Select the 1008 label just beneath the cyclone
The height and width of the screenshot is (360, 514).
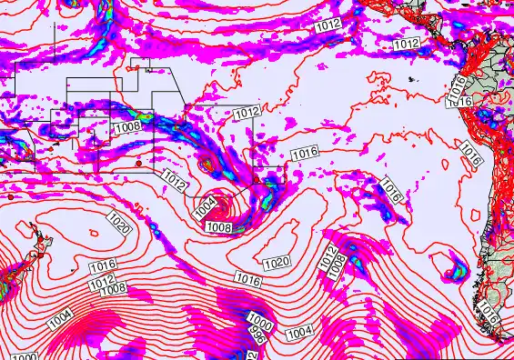tap(218, 226)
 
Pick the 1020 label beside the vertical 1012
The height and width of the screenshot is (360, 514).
tap(277, 263)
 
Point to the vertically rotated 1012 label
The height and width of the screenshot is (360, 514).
tap(329, 255)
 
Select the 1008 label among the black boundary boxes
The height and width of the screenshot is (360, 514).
tap(128, 126)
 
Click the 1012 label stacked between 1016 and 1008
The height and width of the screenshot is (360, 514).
tap(102, 277)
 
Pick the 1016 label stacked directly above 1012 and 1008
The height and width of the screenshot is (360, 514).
tap(103, 265)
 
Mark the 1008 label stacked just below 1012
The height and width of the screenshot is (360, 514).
tap(114, 288)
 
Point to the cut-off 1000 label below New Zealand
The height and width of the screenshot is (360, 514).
tap(25, 356)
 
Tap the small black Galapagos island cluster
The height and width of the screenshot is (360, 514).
tap(412, 81)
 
